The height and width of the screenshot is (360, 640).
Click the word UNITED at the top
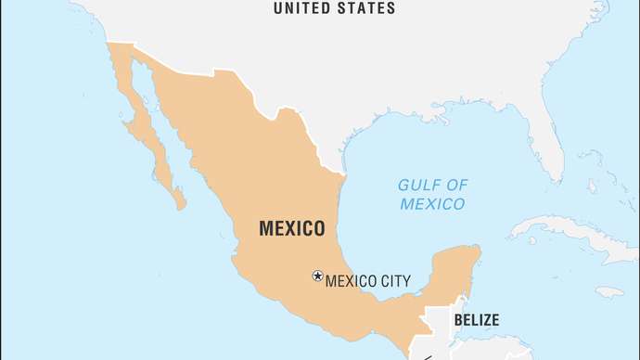[x=302, y=8]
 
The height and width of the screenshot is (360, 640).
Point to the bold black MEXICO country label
[x=291, y=228]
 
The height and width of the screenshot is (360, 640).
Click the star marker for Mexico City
[x=317, y=276]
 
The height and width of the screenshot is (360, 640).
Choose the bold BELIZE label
[x=476, y=321]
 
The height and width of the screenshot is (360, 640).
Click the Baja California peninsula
[x=148, y=139]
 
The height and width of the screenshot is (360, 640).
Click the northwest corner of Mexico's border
[x=109, y=43]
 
